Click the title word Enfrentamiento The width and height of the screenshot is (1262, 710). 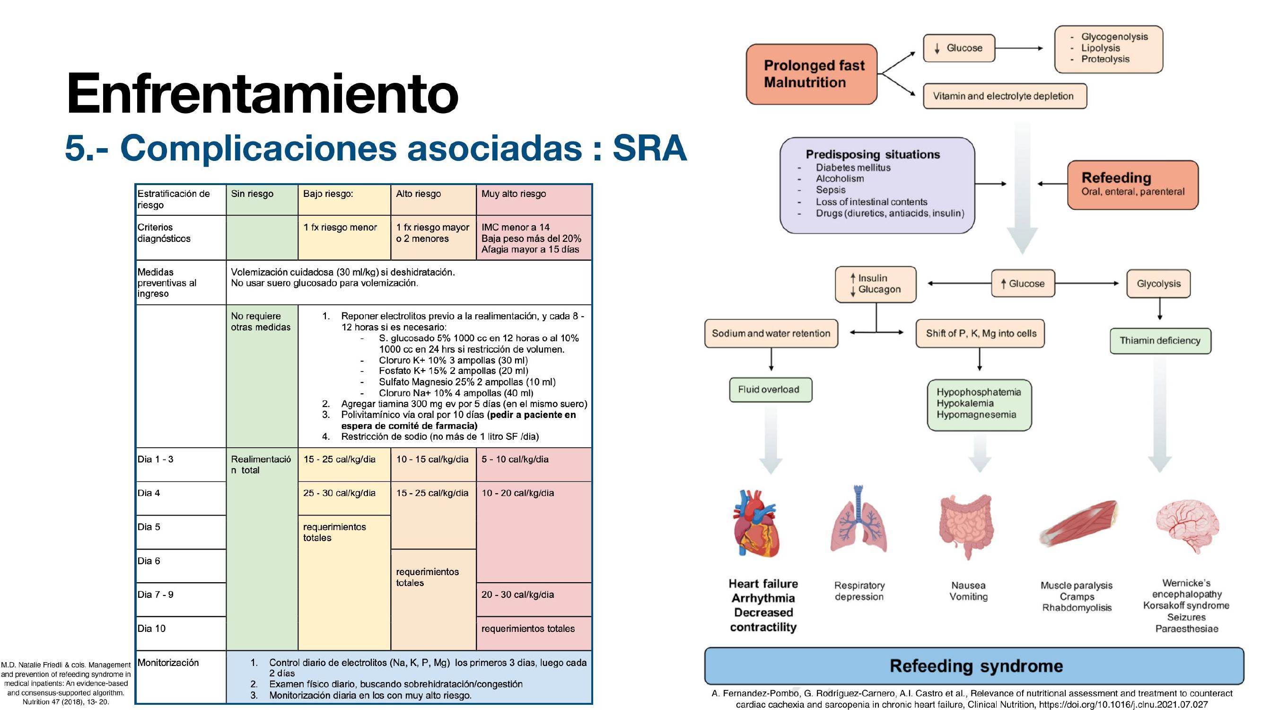[x=262, y=93]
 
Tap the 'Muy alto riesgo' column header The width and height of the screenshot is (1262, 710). [x=534, y=200]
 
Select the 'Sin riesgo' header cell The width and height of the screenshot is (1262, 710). [x=262, y=200]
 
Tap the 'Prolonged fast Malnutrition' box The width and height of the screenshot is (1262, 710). [x=811, y=74]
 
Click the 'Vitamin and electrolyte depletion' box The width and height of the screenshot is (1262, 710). [x=1005, y=96]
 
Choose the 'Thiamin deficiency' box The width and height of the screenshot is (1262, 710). [x=1160, y=341]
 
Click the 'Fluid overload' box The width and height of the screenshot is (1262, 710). [x=771, y=390]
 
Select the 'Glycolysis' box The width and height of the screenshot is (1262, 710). [x=1158, y=284]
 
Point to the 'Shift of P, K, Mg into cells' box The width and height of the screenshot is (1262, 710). [x=980, y=333]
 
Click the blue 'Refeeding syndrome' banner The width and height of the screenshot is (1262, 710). [x=974, y=666]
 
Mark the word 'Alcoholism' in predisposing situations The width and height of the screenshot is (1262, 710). [x=840, y=178]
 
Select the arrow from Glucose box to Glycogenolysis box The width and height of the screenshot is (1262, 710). [x=1019, y=48]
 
